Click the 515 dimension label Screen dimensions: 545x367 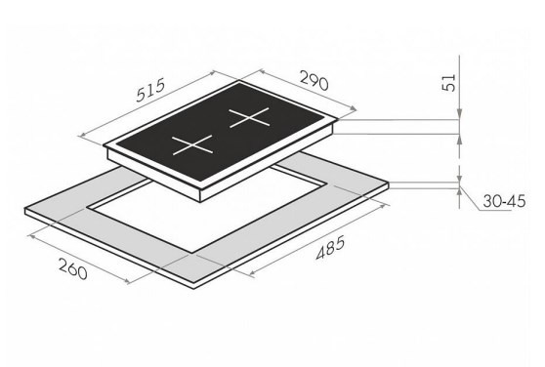tap(150, 90)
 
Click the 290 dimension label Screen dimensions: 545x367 tap(314, 81)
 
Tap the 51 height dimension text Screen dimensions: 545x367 tap(448, 83)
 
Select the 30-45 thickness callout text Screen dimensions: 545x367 tap(504, 201)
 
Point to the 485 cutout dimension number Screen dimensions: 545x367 tap(330, 247)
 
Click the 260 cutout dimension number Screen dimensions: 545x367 tap(72, 268)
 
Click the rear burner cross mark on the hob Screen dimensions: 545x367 tap(249, 118)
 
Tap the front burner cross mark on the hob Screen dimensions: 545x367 tap(192, 144)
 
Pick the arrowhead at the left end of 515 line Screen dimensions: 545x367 tap(83, 136)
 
